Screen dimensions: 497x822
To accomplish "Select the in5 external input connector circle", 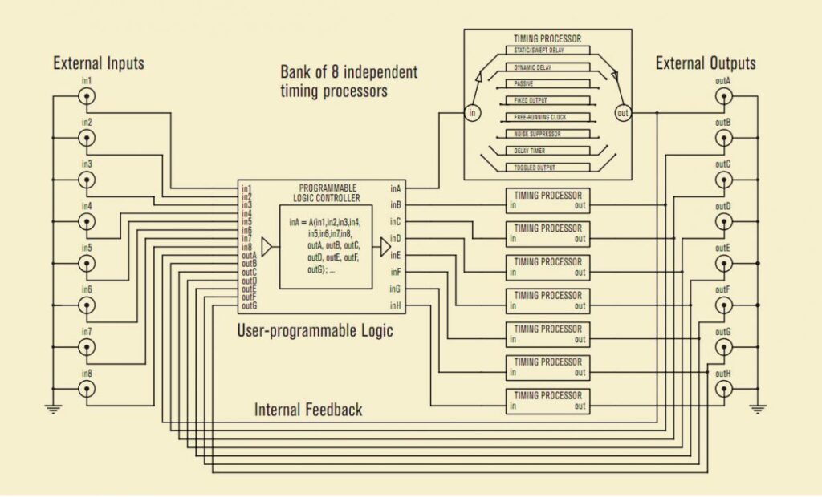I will tap(86, 263).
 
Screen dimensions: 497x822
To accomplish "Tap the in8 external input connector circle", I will tap(86, 388).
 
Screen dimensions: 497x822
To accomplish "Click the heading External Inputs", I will tap(99, 63).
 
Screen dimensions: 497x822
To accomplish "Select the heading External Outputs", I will tap(706, 63).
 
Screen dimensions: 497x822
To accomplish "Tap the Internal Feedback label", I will tap(308, 410).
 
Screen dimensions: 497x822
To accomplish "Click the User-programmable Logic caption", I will tap(315, 329).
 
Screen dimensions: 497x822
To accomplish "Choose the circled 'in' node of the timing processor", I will tap(473, 113).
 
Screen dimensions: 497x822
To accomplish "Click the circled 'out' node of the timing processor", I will tap(623, 113).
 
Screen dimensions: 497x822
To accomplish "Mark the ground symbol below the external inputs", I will tap(53, 409).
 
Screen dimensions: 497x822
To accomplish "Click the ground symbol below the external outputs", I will tap(756, 409).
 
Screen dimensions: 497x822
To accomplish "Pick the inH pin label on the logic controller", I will tap(396, 305).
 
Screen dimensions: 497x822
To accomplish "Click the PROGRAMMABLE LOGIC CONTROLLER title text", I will tap(328, 192).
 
